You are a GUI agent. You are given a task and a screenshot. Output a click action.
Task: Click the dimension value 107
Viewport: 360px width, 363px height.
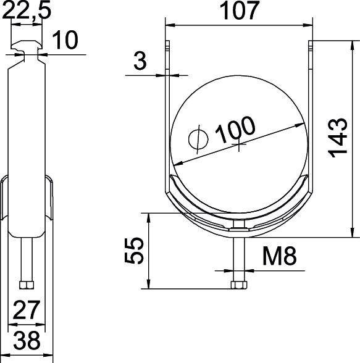point(238,12)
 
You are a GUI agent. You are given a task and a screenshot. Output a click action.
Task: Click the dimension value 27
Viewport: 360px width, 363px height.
point(27,311)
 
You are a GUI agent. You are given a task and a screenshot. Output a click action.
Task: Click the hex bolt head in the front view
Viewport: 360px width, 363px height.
point(238,285)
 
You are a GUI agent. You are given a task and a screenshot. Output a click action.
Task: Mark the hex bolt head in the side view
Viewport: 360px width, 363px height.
point(27,285)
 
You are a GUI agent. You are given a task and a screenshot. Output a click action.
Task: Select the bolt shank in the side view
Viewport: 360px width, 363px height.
point(27,259)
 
